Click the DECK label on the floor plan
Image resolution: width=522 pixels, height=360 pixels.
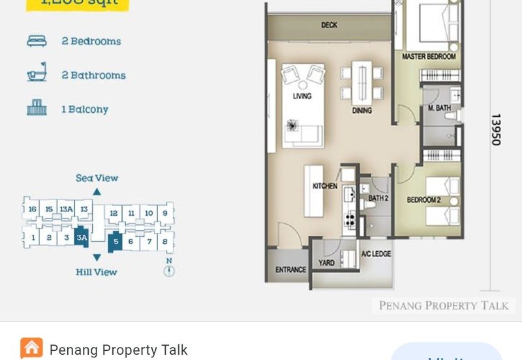329,25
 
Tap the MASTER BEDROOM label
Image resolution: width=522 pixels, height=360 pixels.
429,57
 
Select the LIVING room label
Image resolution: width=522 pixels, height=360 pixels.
302,96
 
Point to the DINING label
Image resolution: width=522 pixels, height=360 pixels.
361,111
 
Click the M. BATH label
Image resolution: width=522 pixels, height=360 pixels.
439,108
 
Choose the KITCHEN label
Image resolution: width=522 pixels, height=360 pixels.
324,187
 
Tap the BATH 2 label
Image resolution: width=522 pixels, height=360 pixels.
378,198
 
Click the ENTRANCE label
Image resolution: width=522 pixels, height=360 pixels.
290,269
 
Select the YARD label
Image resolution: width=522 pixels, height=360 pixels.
326,263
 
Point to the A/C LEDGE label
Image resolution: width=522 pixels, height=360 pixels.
376,254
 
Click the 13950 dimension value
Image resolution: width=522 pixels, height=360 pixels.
496,129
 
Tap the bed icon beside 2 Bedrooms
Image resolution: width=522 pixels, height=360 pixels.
37,41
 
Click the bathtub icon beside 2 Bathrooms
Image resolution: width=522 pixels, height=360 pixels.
37,73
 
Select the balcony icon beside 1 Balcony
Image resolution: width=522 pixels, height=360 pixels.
37,108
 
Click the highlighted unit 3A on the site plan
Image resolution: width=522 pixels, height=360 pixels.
82,238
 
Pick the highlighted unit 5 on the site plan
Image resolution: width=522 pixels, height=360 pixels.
115,241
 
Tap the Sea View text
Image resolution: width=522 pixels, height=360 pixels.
97,178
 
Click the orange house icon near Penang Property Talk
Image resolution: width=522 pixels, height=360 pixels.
31,348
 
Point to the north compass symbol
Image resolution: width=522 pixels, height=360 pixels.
169,269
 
